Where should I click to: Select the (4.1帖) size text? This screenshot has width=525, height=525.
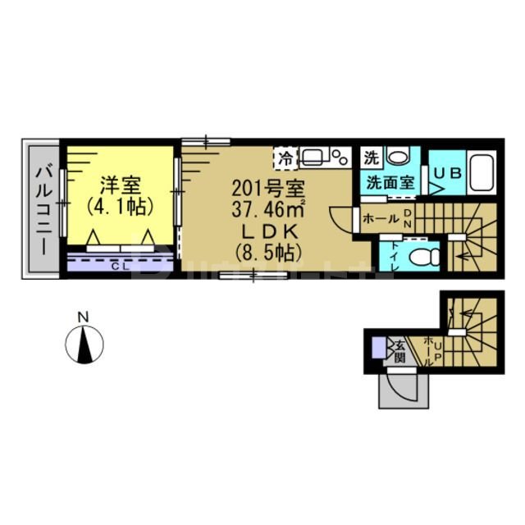120,202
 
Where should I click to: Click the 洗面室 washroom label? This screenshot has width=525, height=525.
389,182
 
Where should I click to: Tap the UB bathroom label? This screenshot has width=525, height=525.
448,174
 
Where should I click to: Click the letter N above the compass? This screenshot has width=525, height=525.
83,317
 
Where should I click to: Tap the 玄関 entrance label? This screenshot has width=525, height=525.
399,352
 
